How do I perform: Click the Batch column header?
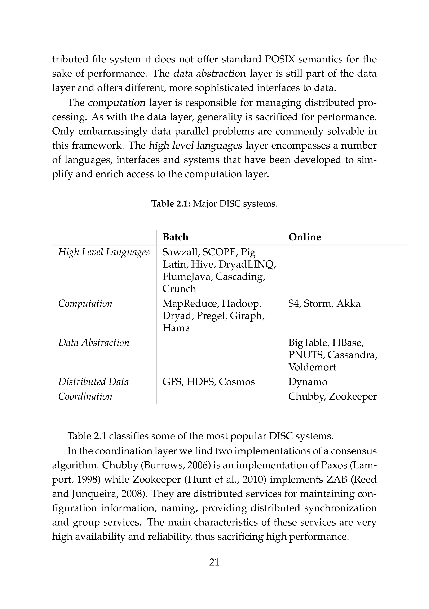(x=175, y=237)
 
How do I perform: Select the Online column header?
(x=304, y=237)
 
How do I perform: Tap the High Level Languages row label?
(x=104, y=252)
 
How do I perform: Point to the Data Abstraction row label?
(x=94, y=342)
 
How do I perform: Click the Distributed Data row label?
(x=93, y=382)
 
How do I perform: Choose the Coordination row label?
(x=85, y=396)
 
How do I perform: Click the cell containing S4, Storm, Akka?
(x=324, y=303)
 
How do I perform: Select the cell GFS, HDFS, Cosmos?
(x=208, y=382)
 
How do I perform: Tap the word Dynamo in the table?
(x=308, y=382)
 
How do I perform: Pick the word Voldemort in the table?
(x=312, y=367)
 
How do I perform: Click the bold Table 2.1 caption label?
(x=171, y=204)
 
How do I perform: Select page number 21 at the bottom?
(x=214, y=562)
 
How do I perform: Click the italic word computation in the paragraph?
(x=117, y=103)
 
